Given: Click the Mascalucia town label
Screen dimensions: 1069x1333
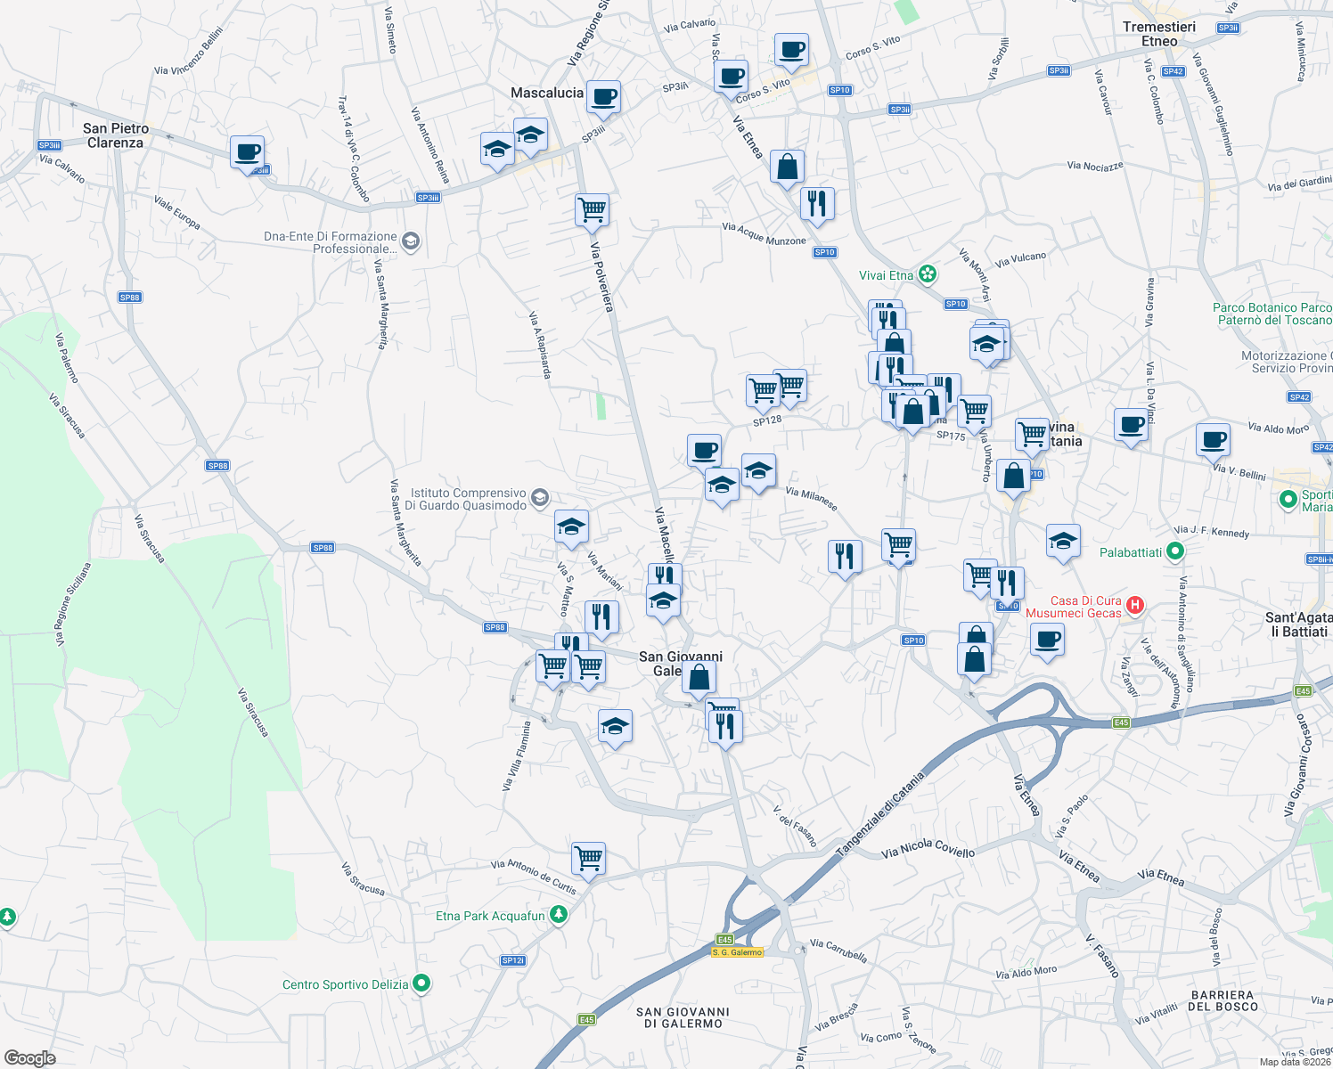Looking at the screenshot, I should [547, 93].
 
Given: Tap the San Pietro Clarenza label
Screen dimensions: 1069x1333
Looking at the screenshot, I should [116, 135].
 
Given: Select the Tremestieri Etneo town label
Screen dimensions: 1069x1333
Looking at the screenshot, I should [1159, 34].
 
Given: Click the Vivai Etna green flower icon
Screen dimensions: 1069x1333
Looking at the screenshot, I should [928, 274].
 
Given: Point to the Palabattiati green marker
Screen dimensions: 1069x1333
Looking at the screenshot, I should [1175, 552].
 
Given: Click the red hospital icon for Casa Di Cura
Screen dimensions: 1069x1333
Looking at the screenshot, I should [1134, 606].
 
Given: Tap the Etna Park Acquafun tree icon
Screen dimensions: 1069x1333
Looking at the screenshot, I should [559, 915].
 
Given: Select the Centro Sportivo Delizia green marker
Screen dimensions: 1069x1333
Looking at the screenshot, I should [422, 983].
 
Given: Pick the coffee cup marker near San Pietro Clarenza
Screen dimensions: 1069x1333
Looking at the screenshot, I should [247, 151].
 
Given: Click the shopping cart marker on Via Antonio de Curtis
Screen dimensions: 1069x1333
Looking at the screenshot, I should [589, 859].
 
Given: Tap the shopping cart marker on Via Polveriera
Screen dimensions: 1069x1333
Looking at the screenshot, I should [593, 210].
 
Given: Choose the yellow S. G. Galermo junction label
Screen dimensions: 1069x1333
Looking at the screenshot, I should [737, 952].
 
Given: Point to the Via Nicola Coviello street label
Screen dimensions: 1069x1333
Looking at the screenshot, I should [928, 848].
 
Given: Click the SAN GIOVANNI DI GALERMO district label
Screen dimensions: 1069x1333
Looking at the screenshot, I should [683, 1017].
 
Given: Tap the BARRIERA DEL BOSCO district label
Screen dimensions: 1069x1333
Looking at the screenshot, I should [1223, 1000].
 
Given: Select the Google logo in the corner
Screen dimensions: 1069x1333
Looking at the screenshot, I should [30, 1058].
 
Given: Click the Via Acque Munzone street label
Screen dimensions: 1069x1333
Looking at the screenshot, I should [764, 234].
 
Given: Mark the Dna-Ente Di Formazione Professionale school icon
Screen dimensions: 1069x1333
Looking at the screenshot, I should [411, 241].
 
